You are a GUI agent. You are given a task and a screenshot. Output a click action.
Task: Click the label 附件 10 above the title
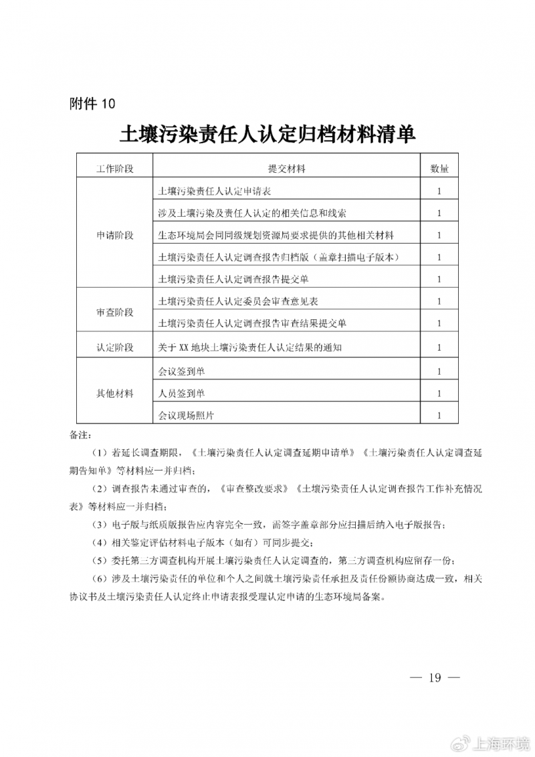pyautogui.click(x=92, y=104)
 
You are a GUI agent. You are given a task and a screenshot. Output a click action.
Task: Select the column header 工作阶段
pyautogui.click(x=115, y=169)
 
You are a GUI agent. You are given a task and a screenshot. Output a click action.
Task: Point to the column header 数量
pyautogui.click(x=439, y=169)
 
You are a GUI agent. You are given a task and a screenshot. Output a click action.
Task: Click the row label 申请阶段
pyautogui.click(x=115, y=236)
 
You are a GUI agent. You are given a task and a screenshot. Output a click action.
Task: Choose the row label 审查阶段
pyautogui.click(x=115, y=313)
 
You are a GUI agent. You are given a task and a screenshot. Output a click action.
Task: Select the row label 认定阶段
pyautogui.click(x=115, y=347)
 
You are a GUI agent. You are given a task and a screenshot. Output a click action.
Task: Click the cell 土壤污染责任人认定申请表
pyautogui.click(x=214, y=191)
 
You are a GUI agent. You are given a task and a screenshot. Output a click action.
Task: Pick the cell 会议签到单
pyautogui.click(x=181, y=371)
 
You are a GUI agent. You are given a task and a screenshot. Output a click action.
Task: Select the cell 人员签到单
pyautogui.click(x=181, y=393)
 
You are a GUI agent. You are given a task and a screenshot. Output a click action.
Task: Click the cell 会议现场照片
pyautogui.click(x=186, y=416)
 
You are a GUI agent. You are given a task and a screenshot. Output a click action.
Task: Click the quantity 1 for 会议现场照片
pyautogui.click(x=439, y=416)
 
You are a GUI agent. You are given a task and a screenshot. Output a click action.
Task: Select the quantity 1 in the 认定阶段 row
pyautogui.click(x=439, y=347)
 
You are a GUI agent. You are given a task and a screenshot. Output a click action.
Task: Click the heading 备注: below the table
pyautogui.click(x=79, y=436)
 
